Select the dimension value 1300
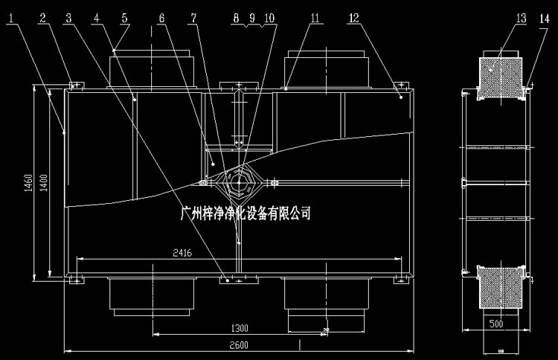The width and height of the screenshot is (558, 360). point(240,327)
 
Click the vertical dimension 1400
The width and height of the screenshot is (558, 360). point(43,181)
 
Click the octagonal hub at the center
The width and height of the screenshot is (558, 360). point(238,181)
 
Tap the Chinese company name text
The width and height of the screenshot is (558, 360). point(246,213)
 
